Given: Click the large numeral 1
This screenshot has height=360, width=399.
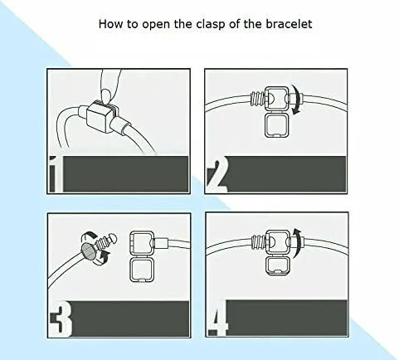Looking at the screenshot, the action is [x=56, y=174].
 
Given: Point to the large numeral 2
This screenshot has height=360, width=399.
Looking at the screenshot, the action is [x=217, y=174].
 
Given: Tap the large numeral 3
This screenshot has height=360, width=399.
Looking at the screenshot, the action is [x=61, y=319].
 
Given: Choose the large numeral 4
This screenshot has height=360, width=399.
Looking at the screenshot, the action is [x=218, y=318].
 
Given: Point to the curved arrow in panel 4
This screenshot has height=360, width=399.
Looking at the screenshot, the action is [x=298, y=243].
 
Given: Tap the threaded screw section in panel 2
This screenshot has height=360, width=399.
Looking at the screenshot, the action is [x=258, y=99].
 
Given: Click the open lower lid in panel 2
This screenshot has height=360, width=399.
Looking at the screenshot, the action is [x=277, y=124].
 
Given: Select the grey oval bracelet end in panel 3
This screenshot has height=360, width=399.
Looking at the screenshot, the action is [x=88, y=251].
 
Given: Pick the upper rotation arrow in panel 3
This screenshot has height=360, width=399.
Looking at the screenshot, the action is [x=89, y=237].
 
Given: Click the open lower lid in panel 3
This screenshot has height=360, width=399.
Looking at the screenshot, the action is [x=142, y=269].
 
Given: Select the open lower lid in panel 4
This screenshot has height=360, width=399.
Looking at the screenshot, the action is [x=278, y=265].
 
